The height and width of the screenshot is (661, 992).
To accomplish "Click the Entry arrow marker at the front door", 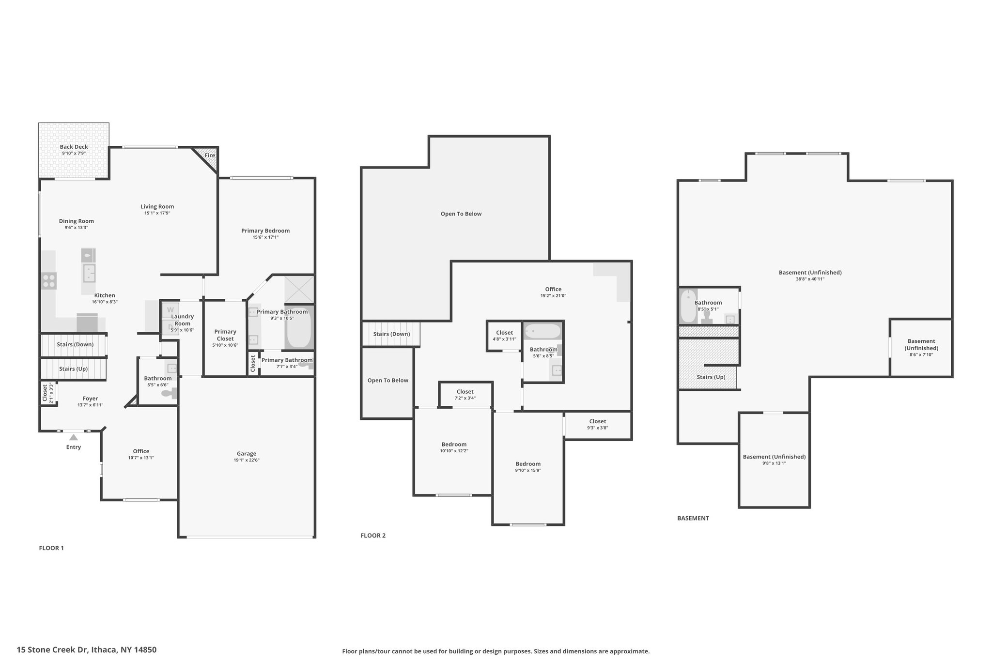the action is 73,437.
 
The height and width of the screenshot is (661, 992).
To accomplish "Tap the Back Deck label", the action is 74,147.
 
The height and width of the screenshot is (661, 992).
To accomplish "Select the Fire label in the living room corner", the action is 210,155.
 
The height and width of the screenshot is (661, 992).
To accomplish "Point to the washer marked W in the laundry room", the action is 170,310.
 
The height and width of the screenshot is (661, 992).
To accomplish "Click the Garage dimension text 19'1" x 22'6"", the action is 247,460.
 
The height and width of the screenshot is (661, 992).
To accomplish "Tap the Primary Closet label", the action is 225,335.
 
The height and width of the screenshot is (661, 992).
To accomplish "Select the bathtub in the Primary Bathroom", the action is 299,327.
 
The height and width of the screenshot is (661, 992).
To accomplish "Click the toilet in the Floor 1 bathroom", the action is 169,394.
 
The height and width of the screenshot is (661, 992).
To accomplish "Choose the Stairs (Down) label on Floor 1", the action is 75,344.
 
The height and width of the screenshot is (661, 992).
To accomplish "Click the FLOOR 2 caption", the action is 373,536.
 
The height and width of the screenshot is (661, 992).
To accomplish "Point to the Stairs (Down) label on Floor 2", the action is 391,334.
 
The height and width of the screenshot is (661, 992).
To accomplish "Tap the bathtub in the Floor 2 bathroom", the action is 543,332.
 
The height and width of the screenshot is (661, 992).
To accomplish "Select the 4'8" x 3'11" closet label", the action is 505,339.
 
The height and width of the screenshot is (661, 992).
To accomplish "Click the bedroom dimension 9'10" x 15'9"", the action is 528,470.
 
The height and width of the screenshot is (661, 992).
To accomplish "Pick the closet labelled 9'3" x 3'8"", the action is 598,424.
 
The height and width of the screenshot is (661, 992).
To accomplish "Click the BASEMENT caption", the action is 693,518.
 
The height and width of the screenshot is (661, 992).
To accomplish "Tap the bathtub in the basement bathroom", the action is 688,306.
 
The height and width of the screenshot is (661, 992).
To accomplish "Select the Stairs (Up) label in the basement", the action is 711,377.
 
